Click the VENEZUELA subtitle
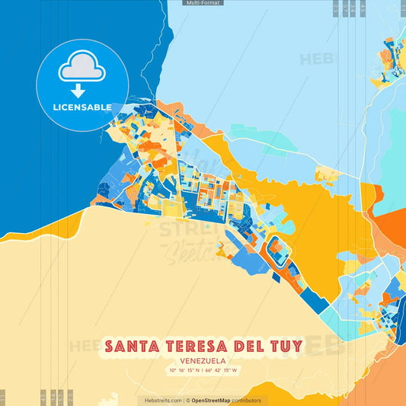click(203, 361)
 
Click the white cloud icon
click(82, 69)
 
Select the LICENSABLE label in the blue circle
click(82, 107)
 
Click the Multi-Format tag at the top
click(203, 3)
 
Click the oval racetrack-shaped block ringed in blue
click(280, 252)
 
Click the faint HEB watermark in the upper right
click(317, 58)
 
